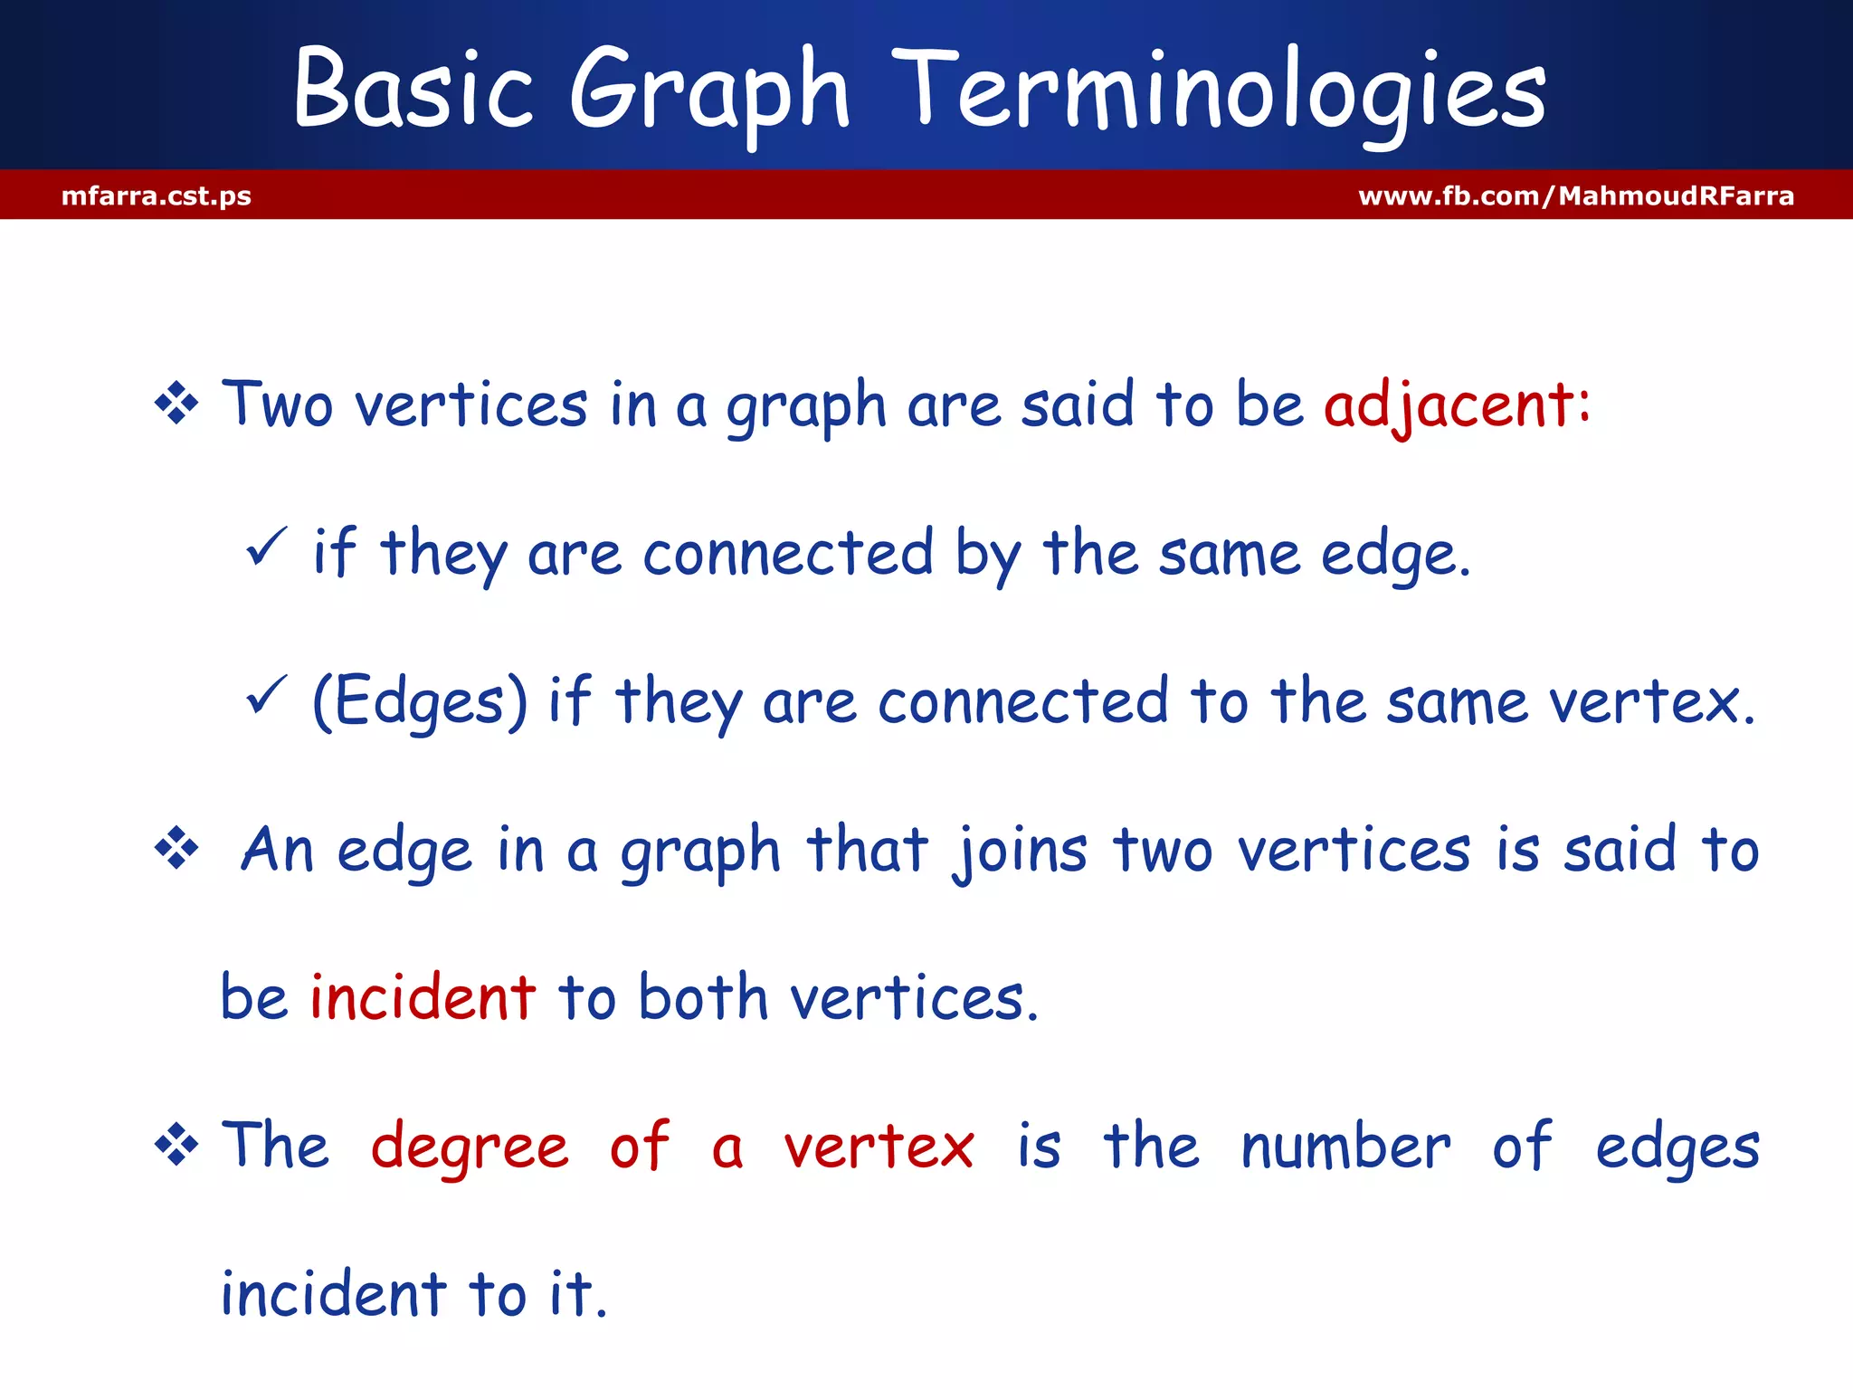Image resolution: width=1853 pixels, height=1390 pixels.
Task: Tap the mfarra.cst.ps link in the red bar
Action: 157,195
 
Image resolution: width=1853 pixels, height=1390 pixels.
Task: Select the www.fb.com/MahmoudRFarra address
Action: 1575,195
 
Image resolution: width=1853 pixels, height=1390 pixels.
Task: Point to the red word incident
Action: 423,997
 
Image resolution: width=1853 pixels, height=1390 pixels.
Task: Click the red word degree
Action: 470,1147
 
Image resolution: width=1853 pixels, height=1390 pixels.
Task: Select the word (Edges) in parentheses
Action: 419,701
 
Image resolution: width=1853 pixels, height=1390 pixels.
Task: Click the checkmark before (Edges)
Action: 266,695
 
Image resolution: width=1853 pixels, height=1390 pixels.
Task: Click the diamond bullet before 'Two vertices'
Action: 176,404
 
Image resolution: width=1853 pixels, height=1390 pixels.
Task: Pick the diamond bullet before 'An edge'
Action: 176,849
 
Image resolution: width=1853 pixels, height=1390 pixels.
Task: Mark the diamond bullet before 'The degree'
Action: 176,1146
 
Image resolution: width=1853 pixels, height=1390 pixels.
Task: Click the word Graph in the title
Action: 710,90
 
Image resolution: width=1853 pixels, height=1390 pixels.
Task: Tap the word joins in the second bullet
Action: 1020,851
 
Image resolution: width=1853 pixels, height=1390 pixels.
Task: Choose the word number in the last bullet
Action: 1345,1147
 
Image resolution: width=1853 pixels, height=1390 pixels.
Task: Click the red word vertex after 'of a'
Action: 879,1147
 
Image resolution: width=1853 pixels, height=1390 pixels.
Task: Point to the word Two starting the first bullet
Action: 278,405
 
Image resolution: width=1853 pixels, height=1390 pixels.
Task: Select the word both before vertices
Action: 703,997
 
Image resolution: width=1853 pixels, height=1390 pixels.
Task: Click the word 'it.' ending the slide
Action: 578,1294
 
